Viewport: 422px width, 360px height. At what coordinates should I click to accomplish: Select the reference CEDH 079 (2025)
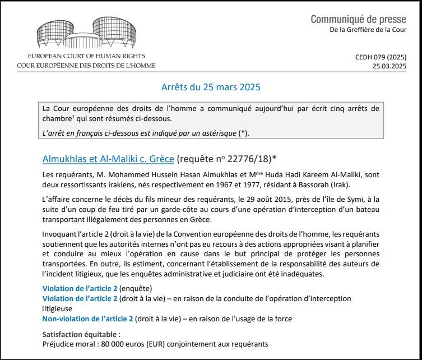381,57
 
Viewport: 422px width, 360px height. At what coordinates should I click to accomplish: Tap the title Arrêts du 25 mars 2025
211,87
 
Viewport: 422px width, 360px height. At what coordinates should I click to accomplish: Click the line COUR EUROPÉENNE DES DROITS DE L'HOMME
86,65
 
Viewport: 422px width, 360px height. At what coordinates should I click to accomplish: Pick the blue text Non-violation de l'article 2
87,319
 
